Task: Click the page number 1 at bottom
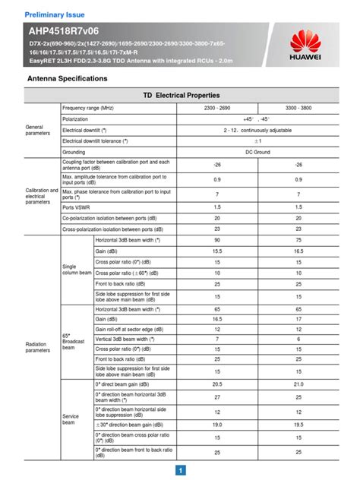pos(180,470)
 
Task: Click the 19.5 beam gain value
pos(298,424)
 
